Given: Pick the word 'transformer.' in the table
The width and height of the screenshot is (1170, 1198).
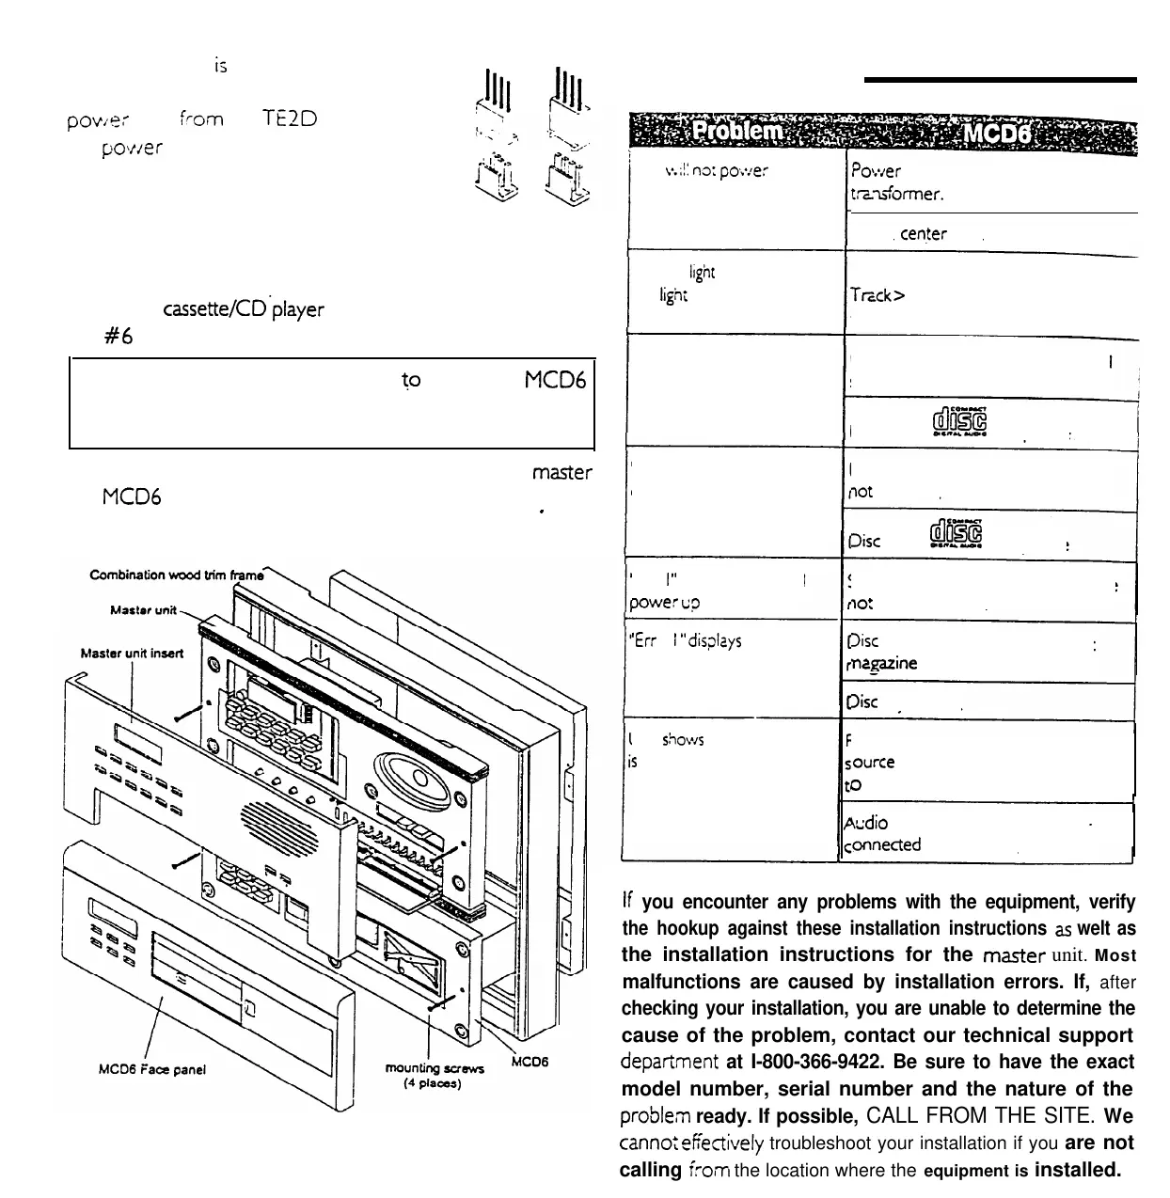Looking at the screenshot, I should (x=896, y=194).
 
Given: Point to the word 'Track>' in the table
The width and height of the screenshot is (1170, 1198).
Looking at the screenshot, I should (x=877, y=294).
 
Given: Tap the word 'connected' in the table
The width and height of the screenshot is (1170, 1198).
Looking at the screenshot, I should (x=882, y=844).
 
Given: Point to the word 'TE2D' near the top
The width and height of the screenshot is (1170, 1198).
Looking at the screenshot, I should (x=290, y=119).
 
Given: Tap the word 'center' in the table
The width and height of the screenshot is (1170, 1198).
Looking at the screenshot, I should (x=924, y=234).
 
